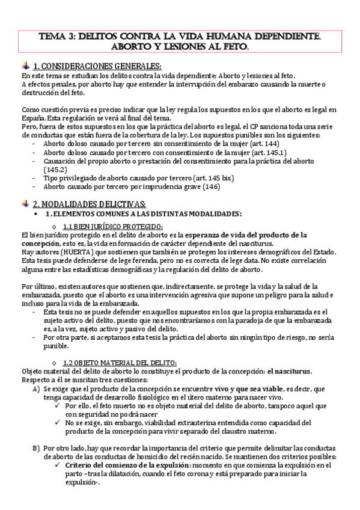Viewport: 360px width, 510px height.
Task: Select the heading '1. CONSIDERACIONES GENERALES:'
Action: pos(97,67)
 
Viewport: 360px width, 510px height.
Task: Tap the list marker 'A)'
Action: pos(36,390)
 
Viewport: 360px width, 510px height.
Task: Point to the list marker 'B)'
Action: pos(36,448)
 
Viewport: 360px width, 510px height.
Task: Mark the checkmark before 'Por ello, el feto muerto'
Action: pos(56,406)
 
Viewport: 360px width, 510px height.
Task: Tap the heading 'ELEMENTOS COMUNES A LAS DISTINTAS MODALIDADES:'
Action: pos(144,214)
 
